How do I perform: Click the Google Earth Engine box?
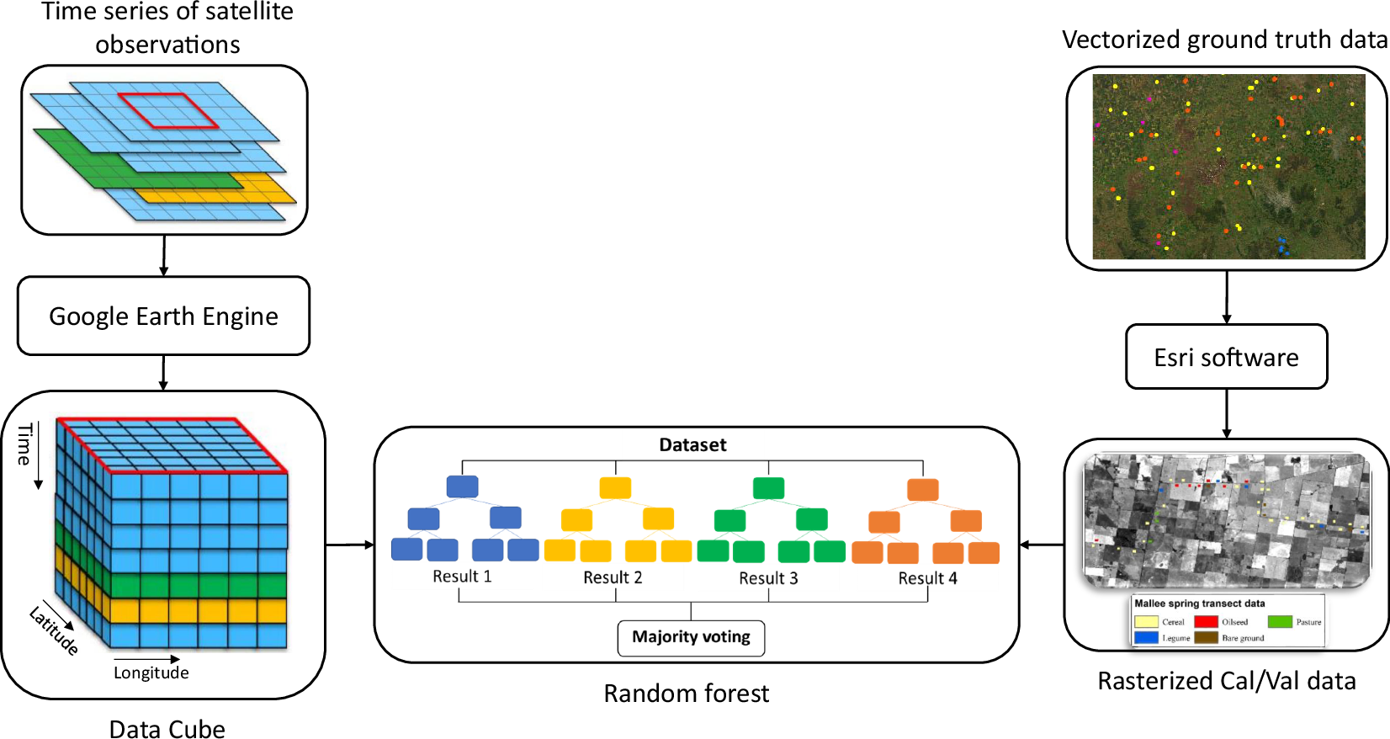pos(163,316)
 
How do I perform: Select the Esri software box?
pos(1226,357)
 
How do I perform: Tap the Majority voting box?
pos(691,637)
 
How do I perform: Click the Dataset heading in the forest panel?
pos(692,444)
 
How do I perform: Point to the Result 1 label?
pos(462,577)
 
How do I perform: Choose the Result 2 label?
pos(613,577)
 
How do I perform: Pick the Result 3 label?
pos(768,578)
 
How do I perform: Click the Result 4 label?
pos(927,578)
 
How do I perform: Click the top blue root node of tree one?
pos(462,486)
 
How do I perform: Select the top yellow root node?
pos(615,488)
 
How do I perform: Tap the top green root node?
pos(768,488)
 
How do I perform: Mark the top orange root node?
pos(923,489)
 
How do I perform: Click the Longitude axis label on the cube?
pos(151,673)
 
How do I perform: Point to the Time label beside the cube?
pos(24,444)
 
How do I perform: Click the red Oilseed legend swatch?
pos(1206,622)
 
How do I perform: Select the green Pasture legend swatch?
pos(1279,622)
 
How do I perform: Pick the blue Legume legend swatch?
pos(1146,638)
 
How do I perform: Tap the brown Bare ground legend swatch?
pos(1206,638)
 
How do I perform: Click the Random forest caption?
pos(686,694)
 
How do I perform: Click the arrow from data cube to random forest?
pos(349,545)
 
